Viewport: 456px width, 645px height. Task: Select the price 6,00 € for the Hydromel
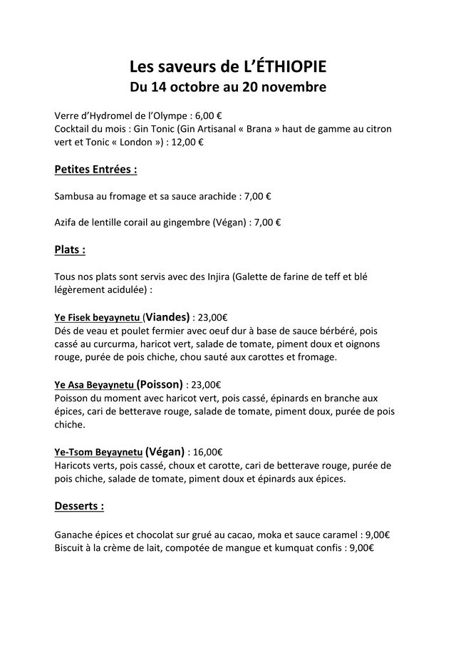209,115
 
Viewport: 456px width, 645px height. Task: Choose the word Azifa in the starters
67,222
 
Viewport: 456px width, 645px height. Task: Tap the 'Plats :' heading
70,250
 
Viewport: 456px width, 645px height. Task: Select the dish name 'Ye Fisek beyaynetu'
98,317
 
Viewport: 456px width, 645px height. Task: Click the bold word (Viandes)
167,316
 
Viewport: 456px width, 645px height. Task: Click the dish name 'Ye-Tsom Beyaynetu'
98,452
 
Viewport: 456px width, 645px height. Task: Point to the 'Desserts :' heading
79,506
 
